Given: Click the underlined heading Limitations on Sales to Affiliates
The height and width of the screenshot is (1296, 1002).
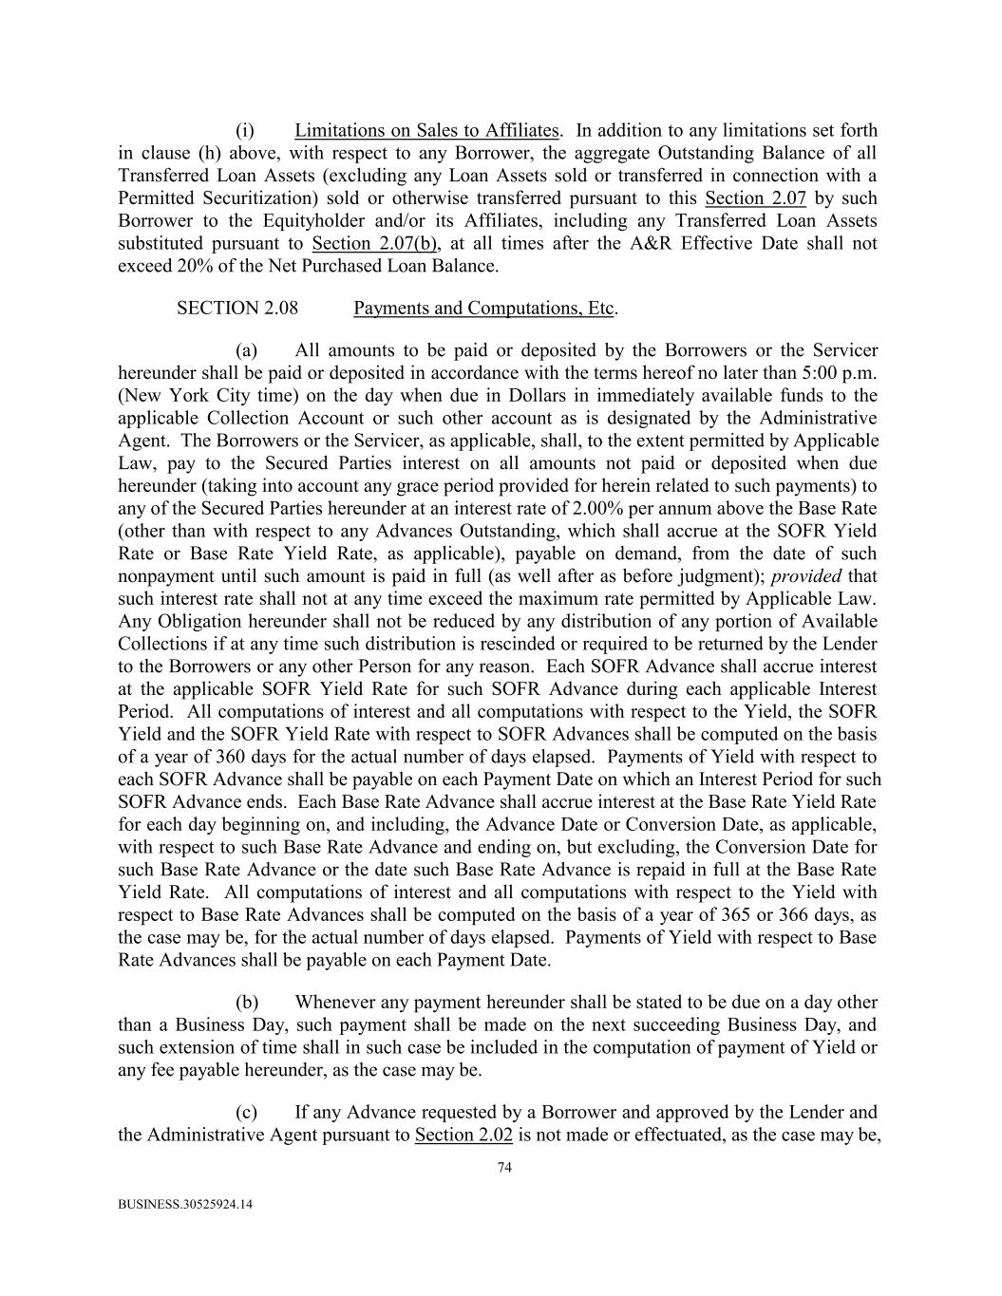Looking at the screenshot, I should [x=426, y=131].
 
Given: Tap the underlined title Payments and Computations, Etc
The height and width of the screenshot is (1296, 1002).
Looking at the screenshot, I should [x=484, y=309].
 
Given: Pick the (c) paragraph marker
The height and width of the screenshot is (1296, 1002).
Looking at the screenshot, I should [x=246, y=1112].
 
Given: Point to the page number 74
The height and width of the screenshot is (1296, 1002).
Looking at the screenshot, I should [x=504, y=1169].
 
